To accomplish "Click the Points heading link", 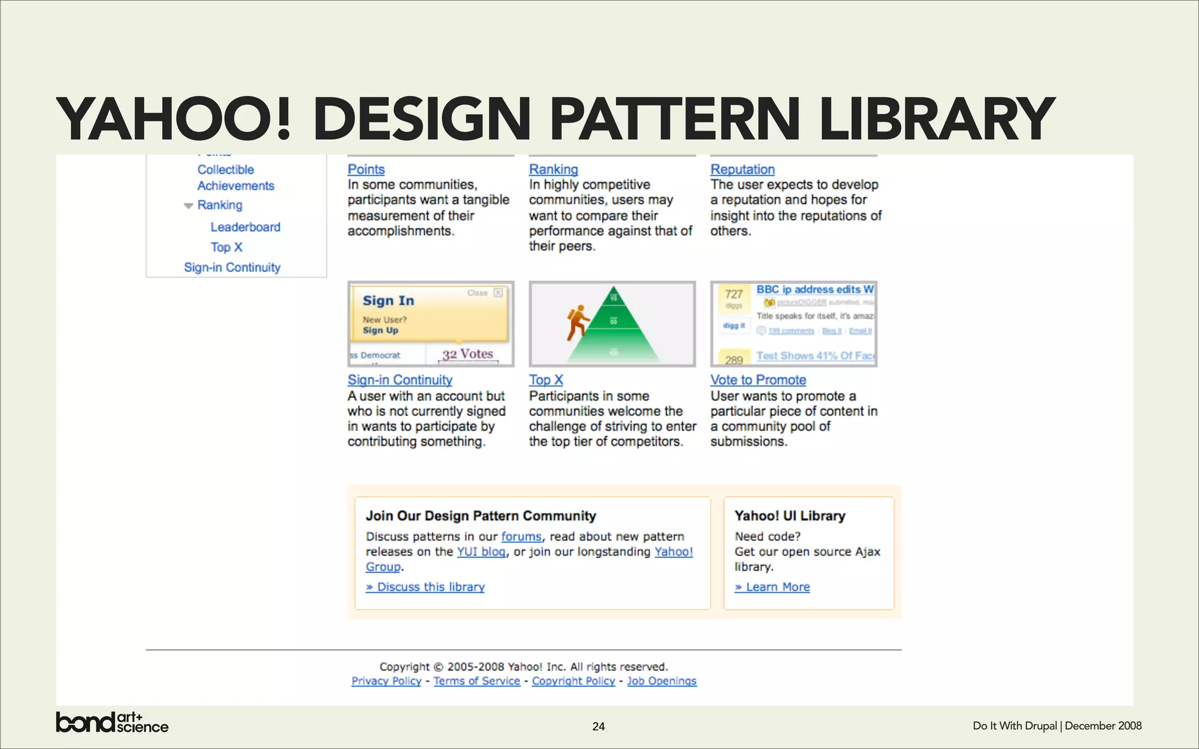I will tap(366, 169).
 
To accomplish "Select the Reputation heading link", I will tap(742, 169).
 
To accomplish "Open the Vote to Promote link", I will tap(758, 380).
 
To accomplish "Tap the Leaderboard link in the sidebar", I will tap(245, 227).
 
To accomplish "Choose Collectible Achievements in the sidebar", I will tap(235, 177).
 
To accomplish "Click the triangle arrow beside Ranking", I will tap(188, 205).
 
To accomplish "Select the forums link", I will tap(521, 537).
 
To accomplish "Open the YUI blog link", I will tap(481, 552).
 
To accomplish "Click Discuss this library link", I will tap(426, 587).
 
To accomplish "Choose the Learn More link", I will tap(773, 587).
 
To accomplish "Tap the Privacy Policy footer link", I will tap(386, 681).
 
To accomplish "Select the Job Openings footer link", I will tap(662, 681).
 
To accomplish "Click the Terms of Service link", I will tap(477, 681).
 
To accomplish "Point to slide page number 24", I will tap(598, 726).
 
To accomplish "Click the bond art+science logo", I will tap(112, 722).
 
